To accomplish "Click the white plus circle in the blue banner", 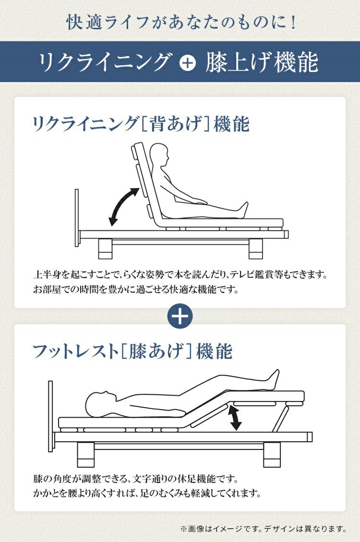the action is (x=187, y=63).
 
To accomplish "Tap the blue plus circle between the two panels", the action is (x=180, y=316).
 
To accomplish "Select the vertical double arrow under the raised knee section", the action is (x=236, y=418).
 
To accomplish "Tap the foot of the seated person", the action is (x=243, y=210).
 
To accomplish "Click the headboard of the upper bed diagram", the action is (x=76, y=218).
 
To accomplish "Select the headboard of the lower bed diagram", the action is (x=50, y=416).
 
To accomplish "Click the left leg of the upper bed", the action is (x=105, y=248).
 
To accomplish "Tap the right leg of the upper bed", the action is (x=255, y=248).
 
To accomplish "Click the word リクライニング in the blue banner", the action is (x=105, y=62).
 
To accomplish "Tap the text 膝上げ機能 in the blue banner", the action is (x=262, y=62).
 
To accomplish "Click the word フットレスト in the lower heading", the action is (x=76, y=351).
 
